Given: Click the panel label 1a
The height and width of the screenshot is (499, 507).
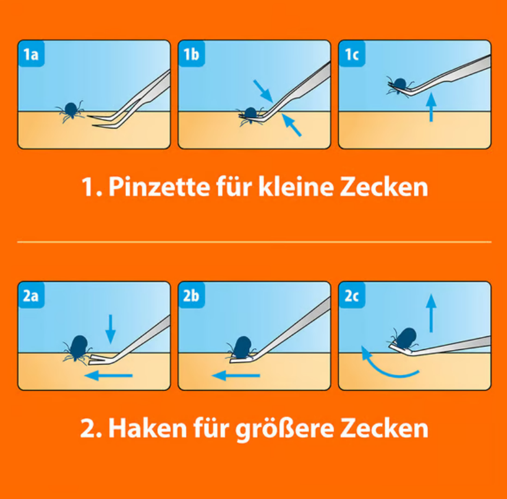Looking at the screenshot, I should (x=31, y=54).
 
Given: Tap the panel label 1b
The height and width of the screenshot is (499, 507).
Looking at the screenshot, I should (x=191, y=54).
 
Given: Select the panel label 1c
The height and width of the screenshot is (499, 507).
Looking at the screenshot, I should (x=352, y=54).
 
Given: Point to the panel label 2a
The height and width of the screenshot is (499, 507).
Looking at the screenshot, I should (x=31, y=296).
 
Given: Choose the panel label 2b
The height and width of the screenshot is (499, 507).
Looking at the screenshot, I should (x=191, y=296).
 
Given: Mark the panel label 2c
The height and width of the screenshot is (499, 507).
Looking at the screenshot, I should (x=352, y=296).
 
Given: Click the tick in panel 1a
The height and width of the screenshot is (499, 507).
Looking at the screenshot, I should (x=71, y=110).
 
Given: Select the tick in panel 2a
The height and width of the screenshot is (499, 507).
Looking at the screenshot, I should (x=78, y=348).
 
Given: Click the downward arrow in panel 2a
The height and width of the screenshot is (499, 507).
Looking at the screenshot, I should (x=110, y=329).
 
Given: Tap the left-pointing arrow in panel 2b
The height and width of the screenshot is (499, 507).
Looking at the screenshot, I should (x=236, y=375).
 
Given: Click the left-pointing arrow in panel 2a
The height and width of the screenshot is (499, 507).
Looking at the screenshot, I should (x=109, y=375).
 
